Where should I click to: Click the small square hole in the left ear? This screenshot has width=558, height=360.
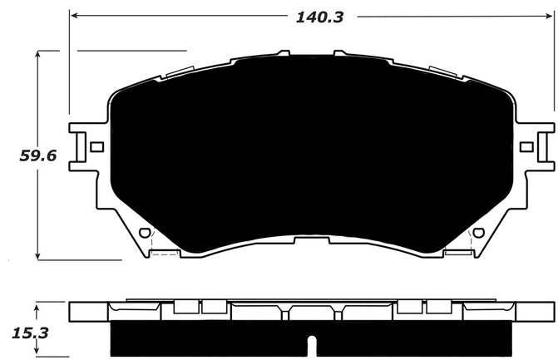96,146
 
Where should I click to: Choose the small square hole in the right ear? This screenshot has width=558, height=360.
526,146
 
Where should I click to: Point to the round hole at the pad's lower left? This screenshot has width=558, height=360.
144,233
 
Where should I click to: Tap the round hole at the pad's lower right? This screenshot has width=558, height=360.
477,233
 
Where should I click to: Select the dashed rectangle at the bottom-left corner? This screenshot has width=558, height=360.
165,254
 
